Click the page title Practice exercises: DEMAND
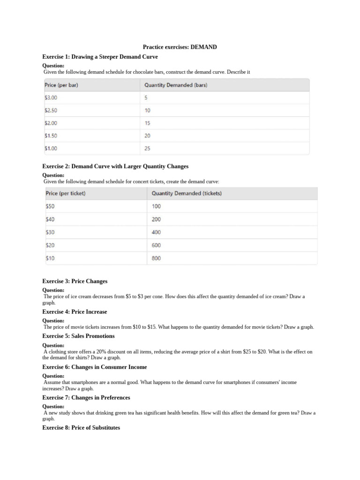pyautogui.click(x=180, y=47)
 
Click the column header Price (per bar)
pyautogui.click(x=64, y=85)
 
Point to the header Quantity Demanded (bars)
pyautogui.click(x=176, y=85)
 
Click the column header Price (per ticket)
pyautogui.click(x=65, y=193)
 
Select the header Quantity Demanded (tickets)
pyautogui.click(x=187, y=193)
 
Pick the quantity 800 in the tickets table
pyautogui.click(x=156, y=258)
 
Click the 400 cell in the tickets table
pyautogui.click(x=156, y=232)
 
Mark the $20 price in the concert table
pyautogui.click(x=50, y=245)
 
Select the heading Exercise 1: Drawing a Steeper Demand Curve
pyautogui.click(x=100, y=57)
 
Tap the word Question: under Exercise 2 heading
pyautogui.click(x=53, y=175)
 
